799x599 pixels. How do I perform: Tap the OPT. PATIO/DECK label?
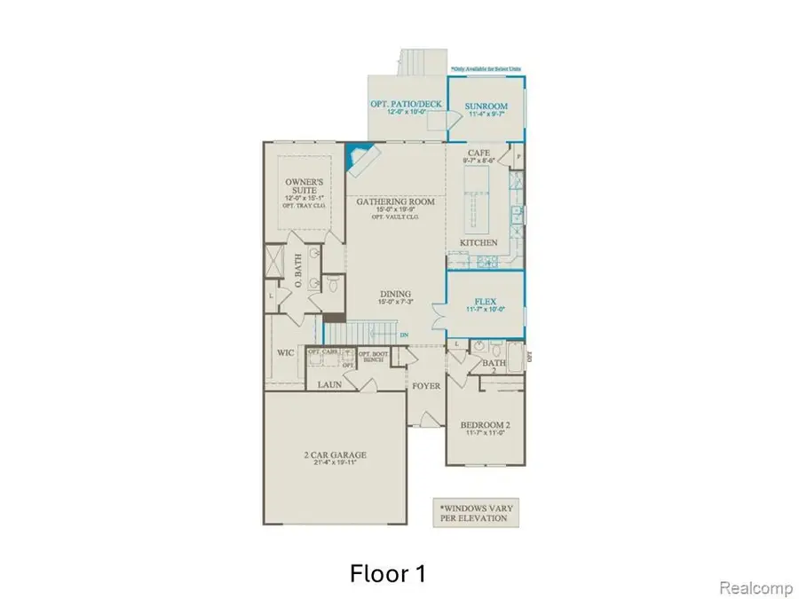pyautogui.click(x=406, y=105)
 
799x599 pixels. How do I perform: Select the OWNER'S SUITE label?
pyautogui.click(x=301, y=180)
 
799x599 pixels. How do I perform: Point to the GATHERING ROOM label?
pyautogui.click(x=396, y=202)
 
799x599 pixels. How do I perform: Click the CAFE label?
pyautogui.click(x=479, y=154)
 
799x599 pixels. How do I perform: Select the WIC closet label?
pyautogui.click(x=284, y=352)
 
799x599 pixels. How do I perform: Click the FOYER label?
pyautogui.click(x=425, y=386)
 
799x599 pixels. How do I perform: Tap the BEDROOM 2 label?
pyautogui.click(x=485, y=426)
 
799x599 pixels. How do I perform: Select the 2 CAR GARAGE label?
pyautogui.click(x=334, y=455)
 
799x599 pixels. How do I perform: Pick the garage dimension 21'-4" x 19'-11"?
pyautogui.click(x=334, y=465)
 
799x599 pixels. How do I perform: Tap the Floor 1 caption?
pyautogui.click(x=386, y=573)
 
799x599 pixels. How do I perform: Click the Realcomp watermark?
pyautogui.click(x=754, y=587)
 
